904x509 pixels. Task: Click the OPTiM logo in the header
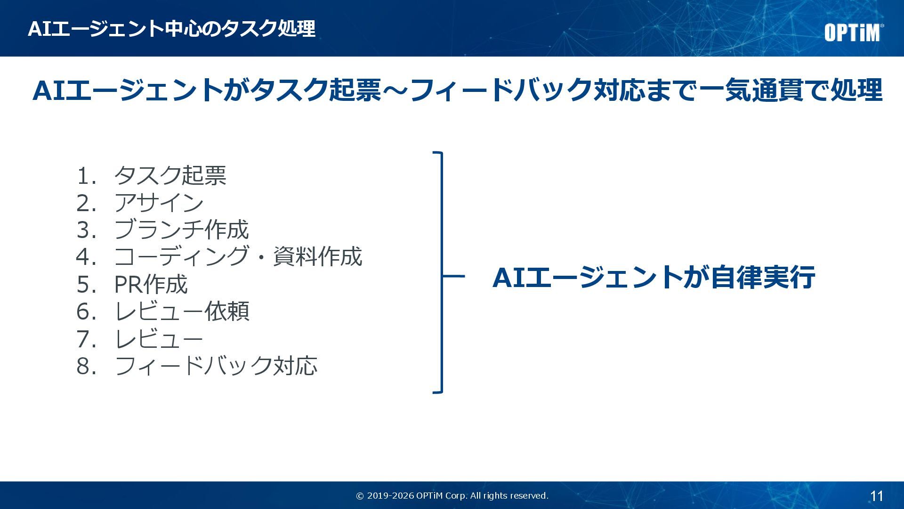(853, 33)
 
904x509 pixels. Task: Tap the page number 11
(876, 496)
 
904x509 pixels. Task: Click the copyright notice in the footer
(452, 496)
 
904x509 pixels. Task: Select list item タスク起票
(170, 175)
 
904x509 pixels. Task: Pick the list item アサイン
(159, 203)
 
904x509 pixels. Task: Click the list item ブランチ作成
(181, 230)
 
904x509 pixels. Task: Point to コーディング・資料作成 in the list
(238, 257)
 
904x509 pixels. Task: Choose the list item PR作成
(151, 284)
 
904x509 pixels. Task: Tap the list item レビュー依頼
(181, 312)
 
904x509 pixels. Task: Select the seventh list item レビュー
(159, 339)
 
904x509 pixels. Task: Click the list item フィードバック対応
(216, 366)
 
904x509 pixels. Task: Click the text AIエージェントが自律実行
(654, 277)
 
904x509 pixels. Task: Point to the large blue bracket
(441, 272)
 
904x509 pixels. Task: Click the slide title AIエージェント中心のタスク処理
(171, 29)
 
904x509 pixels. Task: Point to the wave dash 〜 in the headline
(395, 90)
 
